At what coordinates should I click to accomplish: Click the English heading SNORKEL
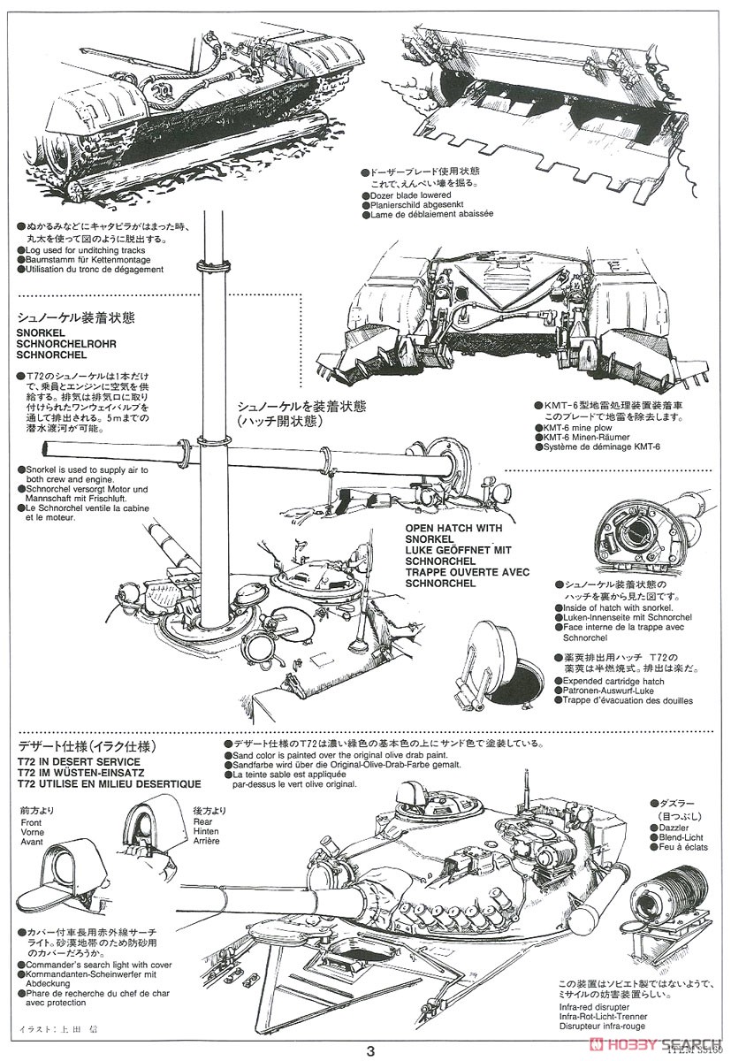click(41, 332)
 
